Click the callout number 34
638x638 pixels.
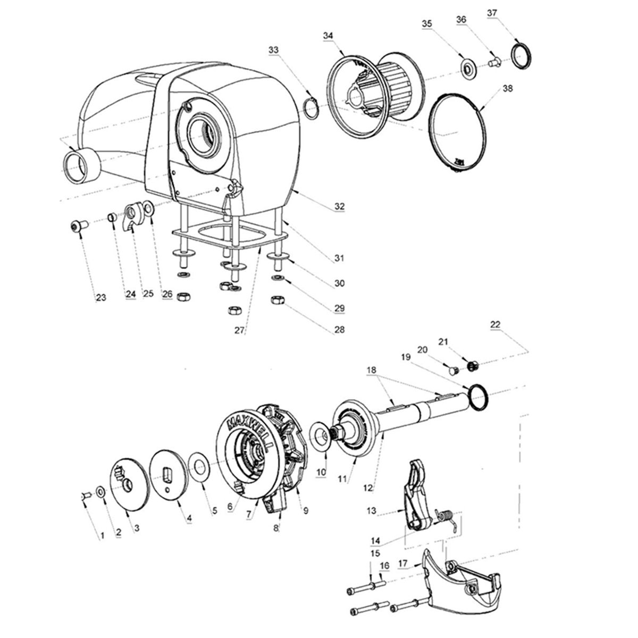click(328, 35)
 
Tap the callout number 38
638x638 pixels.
click(507, 89)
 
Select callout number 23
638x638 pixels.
click(100, 297)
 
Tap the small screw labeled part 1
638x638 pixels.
click(83, 496)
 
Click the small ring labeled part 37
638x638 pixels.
click(519, 55)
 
